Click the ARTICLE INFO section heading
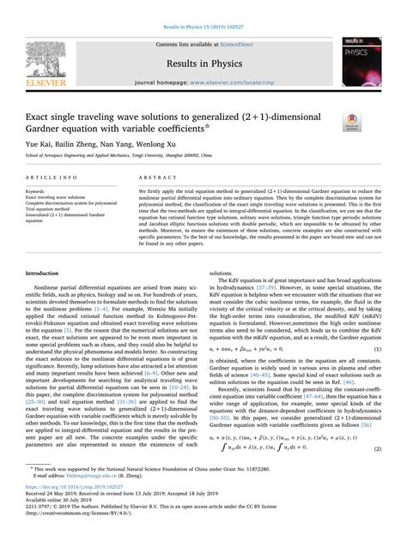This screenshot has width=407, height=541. click(x=58, y=176)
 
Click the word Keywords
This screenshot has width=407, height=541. click(x=38, y=191)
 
